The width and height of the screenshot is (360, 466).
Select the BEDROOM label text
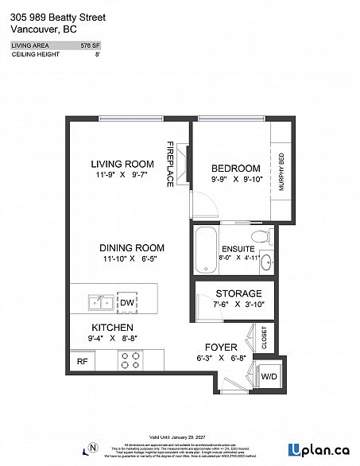point(236,168)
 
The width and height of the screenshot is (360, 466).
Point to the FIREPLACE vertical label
point(170,165)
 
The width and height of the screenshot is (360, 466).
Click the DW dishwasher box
point(126,303)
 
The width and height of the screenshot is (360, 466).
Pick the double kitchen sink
point(101,302)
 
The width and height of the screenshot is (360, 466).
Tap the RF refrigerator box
point(81,360)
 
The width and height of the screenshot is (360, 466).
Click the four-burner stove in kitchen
point(130,360)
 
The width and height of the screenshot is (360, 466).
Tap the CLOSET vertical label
point(264,338)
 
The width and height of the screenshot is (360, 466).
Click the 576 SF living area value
point(90,46)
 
